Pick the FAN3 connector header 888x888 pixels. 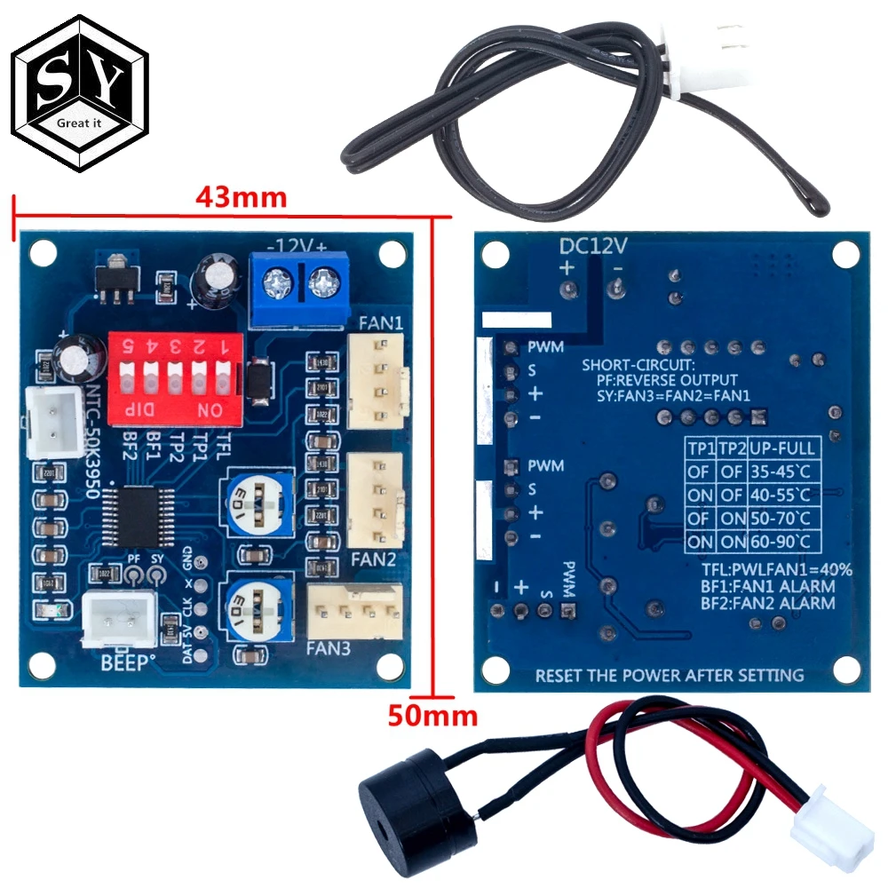click(354, 610)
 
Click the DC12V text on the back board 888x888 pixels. click(592, 245)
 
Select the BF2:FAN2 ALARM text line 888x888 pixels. click(762, 604)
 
